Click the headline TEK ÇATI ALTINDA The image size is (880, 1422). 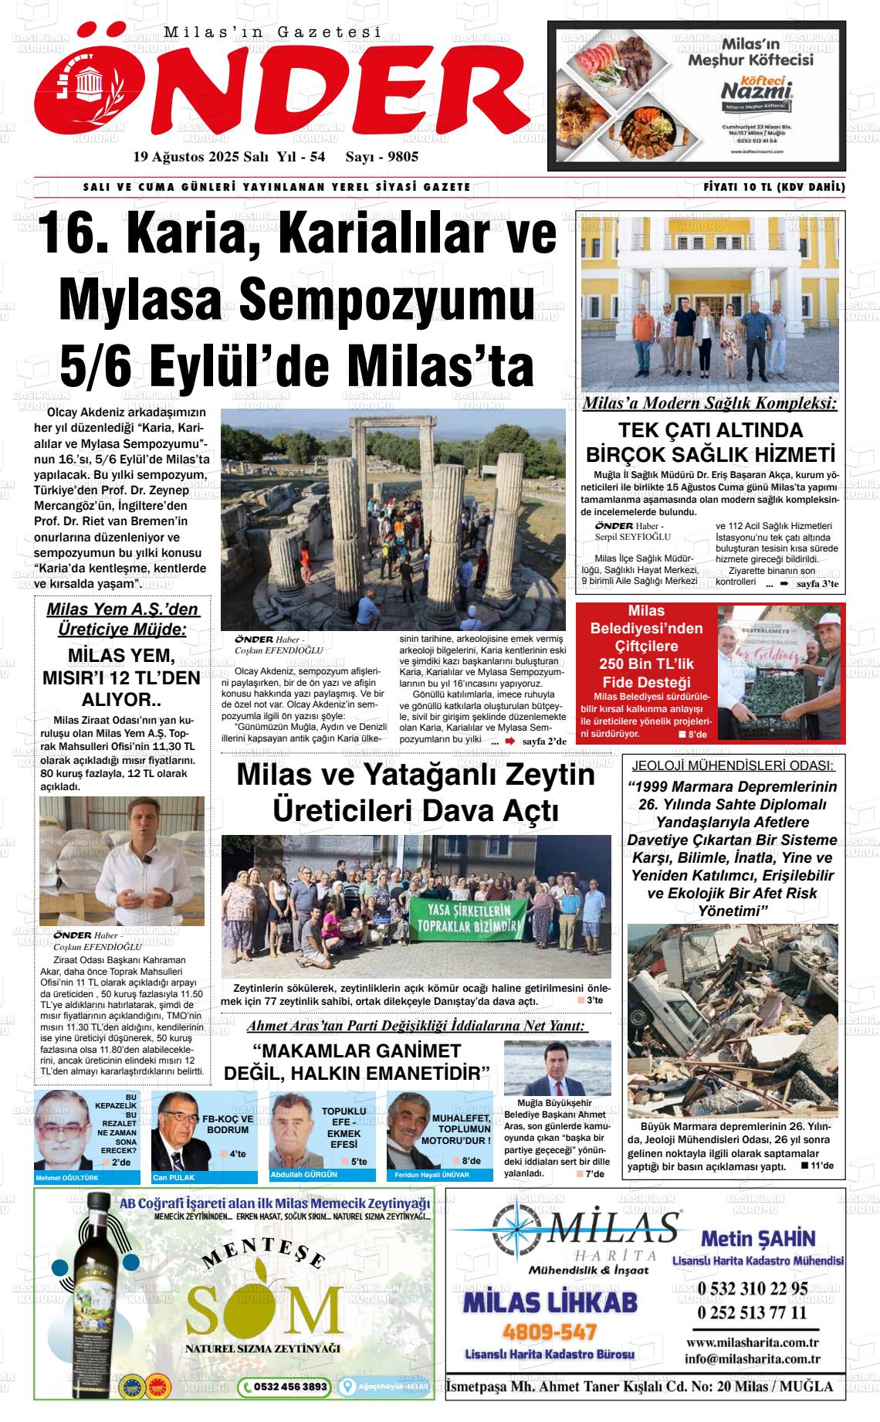[x=710, y=430]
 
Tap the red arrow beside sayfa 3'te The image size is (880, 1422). [x=784, y=584]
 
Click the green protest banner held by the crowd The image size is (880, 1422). [x=469, y=916]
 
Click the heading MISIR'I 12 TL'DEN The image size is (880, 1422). [x=121, y=678]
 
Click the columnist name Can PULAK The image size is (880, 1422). [x=174, y=1178]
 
